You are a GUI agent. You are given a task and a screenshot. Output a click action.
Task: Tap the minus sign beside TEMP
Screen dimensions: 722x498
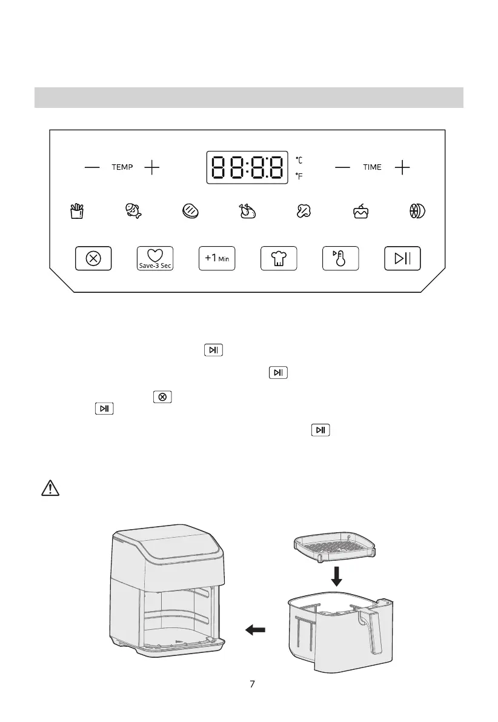tap(92, 167)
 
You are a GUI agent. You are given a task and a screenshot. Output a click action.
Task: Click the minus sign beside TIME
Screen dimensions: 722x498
tap(342, 167)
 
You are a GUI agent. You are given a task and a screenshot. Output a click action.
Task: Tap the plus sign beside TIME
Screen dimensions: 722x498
tap(402, 167)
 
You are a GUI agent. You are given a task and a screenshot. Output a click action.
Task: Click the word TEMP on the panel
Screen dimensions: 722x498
tap(122, 167)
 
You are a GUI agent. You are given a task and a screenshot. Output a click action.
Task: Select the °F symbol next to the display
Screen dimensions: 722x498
tap(299, 177)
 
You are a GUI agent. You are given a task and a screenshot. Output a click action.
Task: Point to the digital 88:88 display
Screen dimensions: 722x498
tap(247, 167)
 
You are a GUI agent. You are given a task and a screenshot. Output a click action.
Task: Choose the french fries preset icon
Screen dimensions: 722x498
tap(76, 211)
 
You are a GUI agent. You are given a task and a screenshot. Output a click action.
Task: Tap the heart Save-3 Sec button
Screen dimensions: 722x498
tap(155, 258)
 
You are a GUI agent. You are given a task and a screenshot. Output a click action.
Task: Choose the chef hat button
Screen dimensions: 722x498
tap(279, 258)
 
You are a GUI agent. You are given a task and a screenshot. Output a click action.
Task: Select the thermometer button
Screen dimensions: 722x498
tap(340, 258)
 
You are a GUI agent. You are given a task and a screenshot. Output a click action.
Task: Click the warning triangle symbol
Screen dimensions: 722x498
tap(46, 487)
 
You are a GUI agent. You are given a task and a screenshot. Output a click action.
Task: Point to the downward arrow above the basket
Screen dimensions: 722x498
tap(337, 576)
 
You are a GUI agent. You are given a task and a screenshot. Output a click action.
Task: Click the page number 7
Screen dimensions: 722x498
tap(252, 684)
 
